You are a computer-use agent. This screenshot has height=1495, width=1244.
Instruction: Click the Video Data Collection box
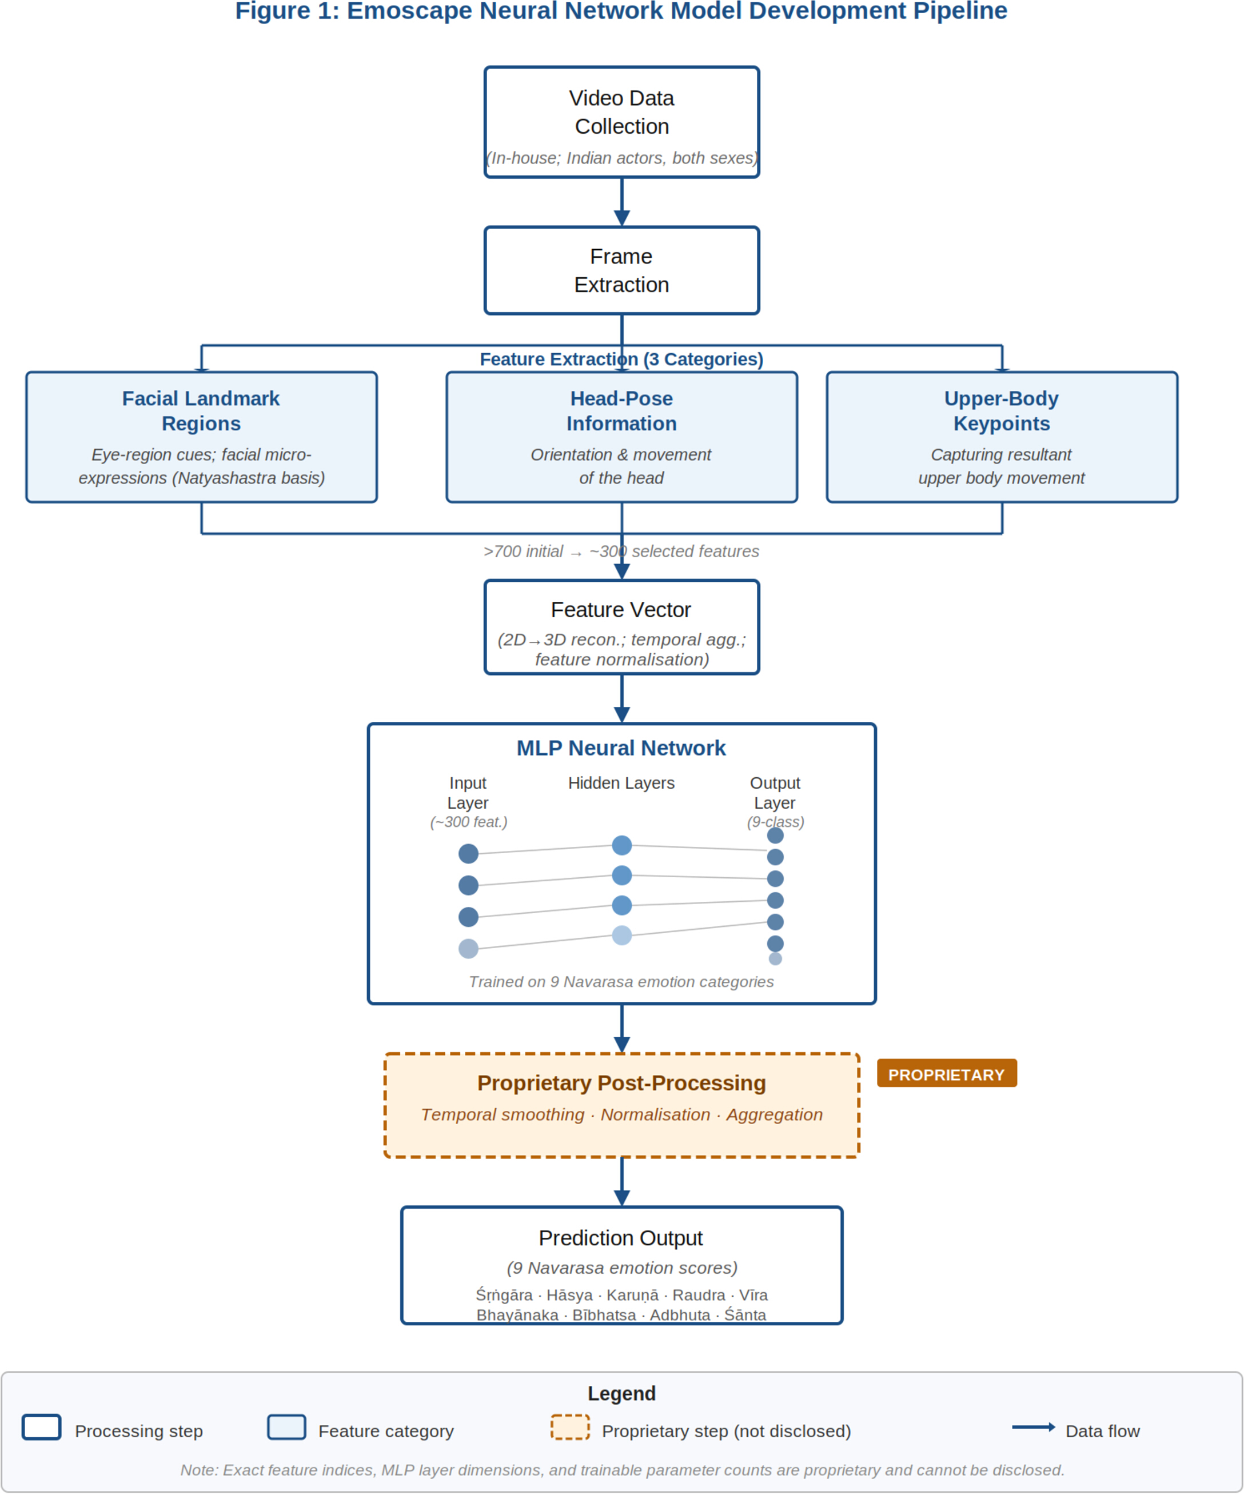[x=621, y=122]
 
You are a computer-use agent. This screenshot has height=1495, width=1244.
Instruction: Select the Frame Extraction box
[x=621, y=270]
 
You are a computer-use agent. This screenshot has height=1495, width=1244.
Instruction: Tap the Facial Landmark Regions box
[x=201, y=437]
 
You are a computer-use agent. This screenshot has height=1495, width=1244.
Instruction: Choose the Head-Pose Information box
[x=621, y=437]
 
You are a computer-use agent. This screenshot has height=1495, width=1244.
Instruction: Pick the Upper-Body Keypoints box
[x=1002, y=437]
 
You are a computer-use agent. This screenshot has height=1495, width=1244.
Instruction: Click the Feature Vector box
[x=621, y=627]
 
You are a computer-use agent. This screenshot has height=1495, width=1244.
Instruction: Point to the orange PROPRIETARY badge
[x=946, y=1073]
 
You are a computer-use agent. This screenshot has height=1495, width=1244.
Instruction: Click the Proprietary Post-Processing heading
[x=621, y=1083]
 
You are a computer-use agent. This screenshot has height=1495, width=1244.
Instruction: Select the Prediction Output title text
[x=621, y=1238]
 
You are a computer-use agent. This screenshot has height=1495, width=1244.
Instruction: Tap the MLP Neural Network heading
[x=621, y=748]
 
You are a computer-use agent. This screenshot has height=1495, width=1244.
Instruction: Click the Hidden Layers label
[x=621, y=783]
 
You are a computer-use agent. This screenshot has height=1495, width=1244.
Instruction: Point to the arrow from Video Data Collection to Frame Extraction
[x=621, y=202]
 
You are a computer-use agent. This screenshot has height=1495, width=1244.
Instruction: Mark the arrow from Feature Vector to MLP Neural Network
[x=621, y=699]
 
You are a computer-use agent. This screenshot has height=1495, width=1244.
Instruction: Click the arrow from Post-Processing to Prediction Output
[x=621, y=1182]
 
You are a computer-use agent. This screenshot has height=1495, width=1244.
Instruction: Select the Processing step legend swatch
[x=41, y=1428]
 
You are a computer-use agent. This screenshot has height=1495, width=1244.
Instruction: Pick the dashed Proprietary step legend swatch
[x=571, y=1428]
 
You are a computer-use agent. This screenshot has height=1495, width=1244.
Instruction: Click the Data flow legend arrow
[x=1033, y=1426]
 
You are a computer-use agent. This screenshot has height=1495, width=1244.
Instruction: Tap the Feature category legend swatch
[x=287, y=1428]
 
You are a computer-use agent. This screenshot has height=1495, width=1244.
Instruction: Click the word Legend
[x=621, y=1393]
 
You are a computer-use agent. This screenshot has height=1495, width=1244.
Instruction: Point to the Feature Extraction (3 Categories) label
[x=621, y=359]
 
